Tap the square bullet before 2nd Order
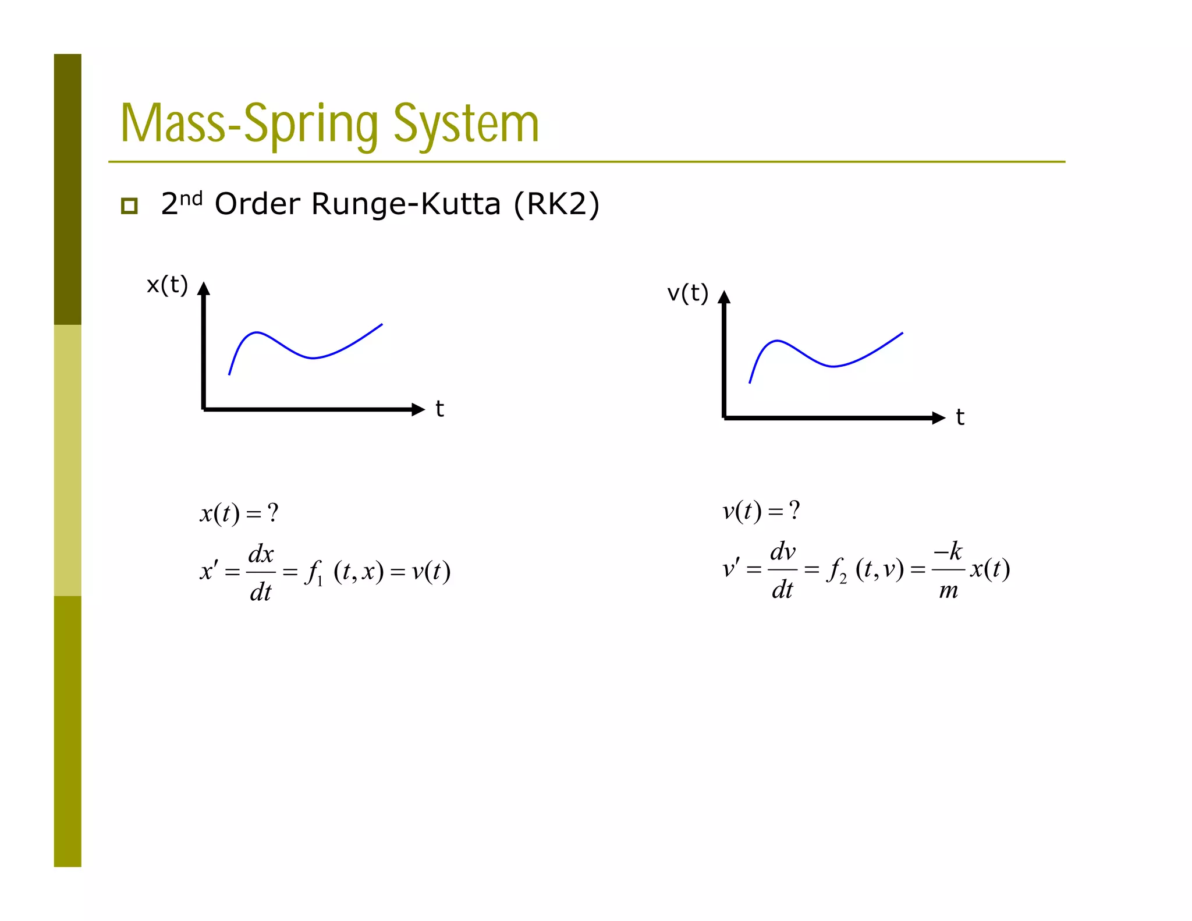129,206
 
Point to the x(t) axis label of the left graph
167,285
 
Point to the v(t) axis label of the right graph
687,293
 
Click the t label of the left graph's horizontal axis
439,409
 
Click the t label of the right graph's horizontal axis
960,417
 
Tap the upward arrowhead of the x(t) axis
204,289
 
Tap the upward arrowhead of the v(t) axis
724,297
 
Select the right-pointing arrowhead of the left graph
418,409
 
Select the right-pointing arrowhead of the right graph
938,417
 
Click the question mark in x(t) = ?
273,513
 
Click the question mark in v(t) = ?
794,511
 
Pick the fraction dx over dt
261,572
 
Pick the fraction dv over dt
783,570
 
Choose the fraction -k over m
948,570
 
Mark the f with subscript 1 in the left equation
314,572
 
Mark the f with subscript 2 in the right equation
836,570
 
